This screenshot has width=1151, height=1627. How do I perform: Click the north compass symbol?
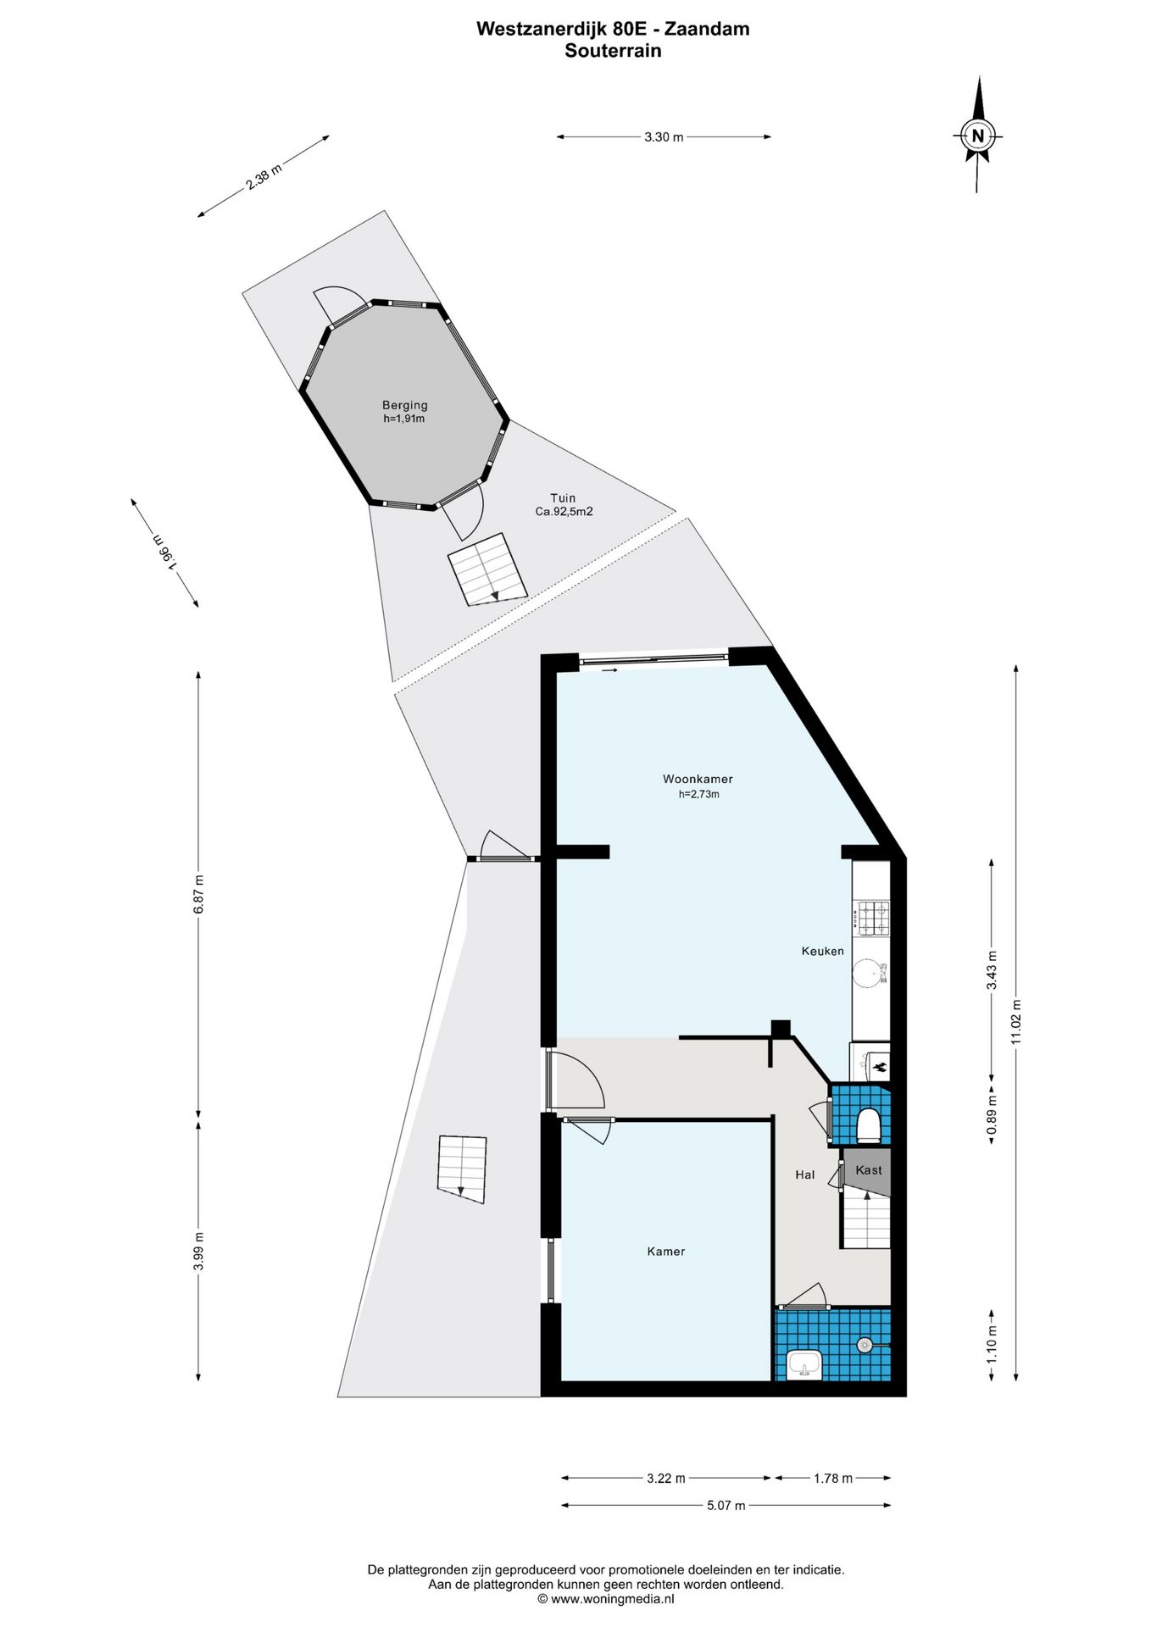pos(978,135)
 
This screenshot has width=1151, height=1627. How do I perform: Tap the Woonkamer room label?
pos(698,779)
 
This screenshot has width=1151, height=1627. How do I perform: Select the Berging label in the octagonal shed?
pos(404,405)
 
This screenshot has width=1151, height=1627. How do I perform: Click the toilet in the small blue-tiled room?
pos(869,1125)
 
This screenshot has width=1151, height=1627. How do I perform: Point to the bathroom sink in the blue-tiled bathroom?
pos(803,1364)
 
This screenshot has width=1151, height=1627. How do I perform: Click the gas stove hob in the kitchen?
pos(873,919)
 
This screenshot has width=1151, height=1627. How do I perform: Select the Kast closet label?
pos(869,1170)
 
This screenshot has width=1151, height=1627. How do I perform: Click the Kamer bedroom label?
pos(665,1251)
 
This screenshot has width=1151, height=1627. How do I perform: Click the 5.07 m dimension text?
pos(726,1505)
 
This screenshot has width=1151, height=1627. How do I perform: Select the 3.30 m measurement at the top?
pos(664,136)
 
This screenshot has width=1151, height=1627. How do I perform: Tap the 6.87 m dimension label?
pos(198,893)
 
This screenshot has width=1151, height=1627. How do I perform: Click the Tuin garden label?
pos(563,498)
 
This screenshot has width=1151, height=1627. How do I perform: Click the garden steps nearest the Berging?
pos(487,569)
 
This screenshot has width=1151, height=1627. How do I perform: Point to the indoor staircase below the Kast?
pos(865,1220)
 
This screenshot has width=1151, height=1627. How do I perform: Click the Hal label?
pos(804,1174)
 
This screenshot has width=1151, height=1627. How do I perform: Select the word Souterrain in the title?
pos(613,50)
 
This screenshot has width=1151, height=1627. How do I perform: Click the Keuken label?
pos(822,951)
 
